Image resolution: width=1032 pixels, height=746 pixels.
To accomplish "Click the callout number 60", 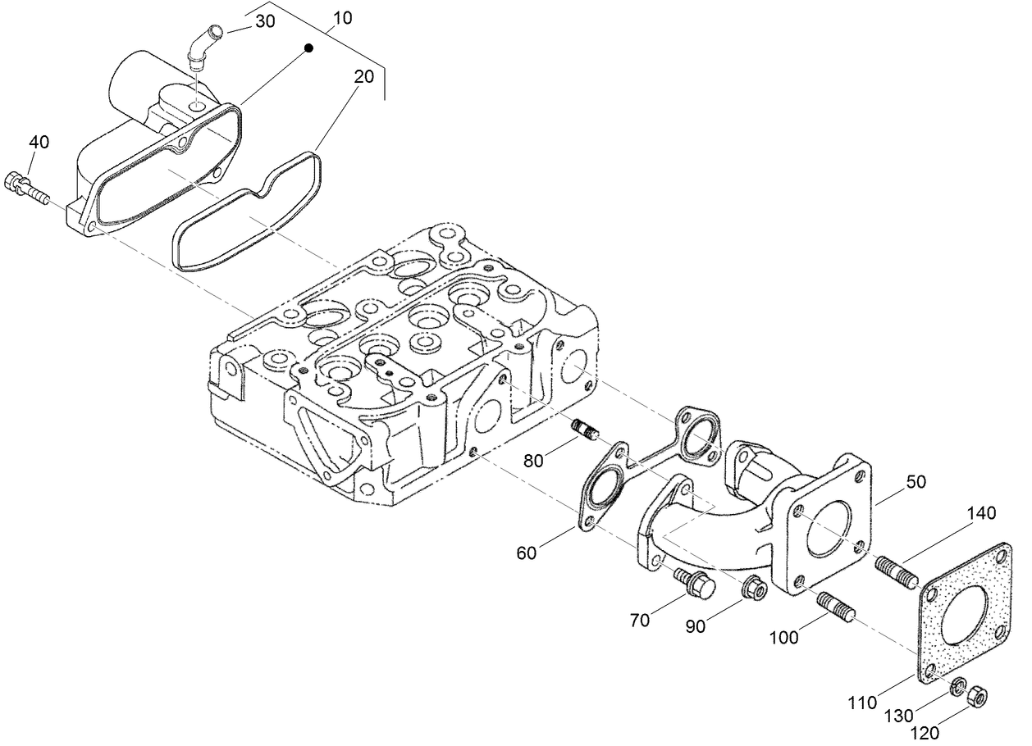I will coord(526,553).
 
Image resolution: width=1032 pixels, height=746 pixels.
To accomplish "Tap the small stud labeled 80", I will coord(585,430).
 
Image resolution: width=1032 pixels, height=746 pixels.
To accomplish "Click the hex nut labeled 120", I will coord(977,698).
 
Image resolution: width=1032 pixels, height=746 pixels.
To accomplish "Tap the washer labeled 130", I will coord(957,686).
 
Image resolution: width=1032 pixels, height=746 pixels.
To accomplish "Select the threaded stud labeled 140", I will coord(896,571).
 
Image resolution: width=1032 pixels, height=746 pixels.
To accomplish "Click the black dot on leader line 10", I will coord(309,49).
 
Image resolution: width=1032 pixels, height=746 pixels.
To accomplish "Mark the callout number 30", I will coord(264,22).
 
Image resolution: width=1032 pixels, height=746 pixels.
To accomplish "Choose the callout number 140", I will coord(981,514).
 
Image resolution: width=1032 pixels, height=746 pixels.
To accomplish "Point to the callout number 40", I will coord(39,142).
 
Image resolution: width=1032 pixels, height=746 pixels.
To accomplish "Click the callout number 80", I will coord(534,461).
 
